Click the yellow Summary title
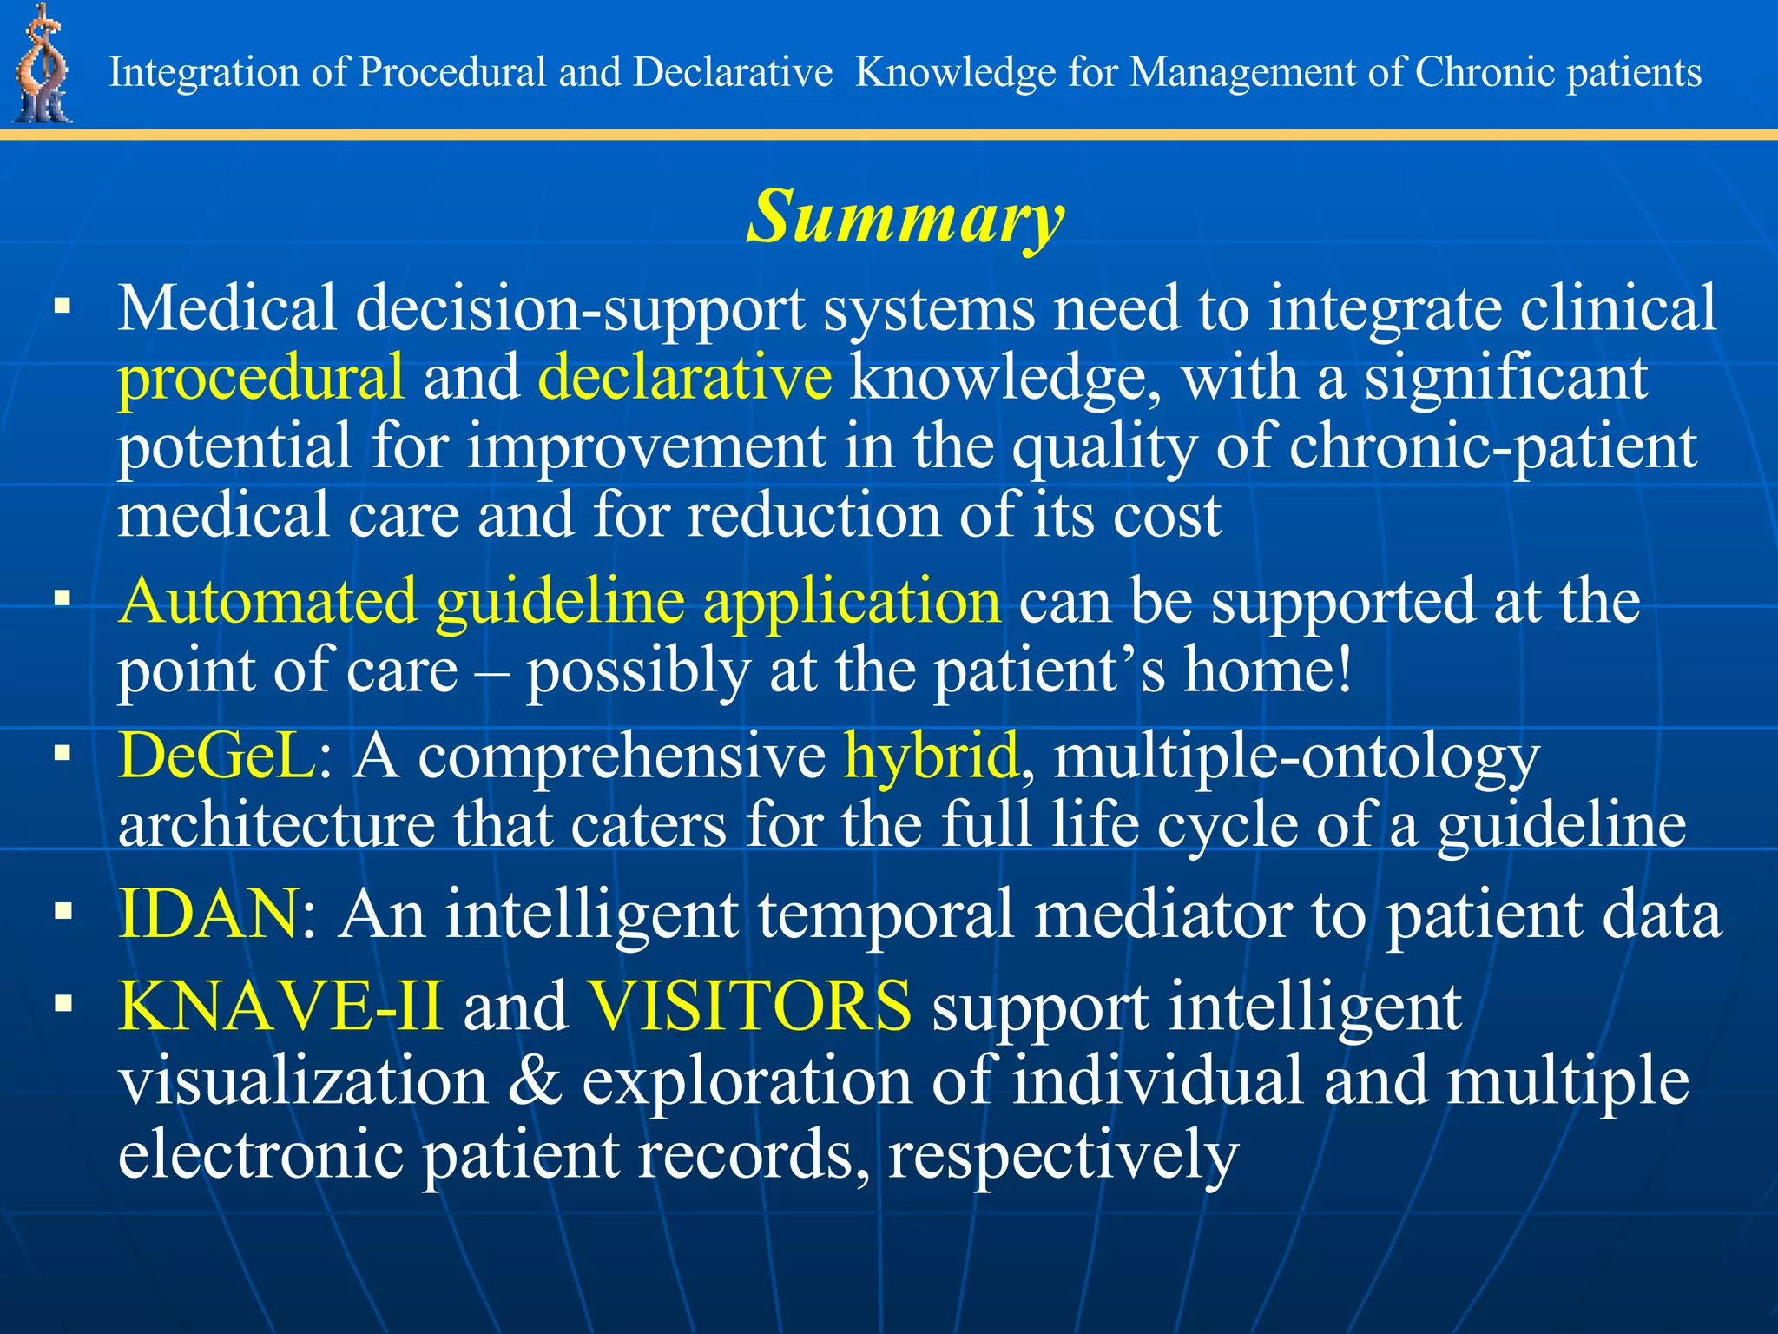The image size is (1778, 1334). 905,217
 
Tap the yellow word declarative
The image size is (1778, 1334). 685,377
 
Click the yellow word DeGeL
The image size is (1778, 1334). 217,756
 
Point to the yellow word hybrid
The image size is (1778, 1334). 930,756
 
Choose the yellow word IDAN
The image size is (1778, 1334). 208,915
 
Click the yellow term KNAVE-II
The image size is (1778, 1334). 280,1006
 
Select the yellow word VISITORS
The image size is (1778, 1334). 749,1006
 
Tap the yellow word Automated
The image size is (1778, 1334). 268,601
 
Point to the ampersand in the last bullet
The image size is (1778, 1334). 534,1081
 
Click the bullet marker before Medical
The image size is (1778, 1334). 62,307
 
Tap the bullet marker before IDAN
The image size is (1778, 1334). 62,911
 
